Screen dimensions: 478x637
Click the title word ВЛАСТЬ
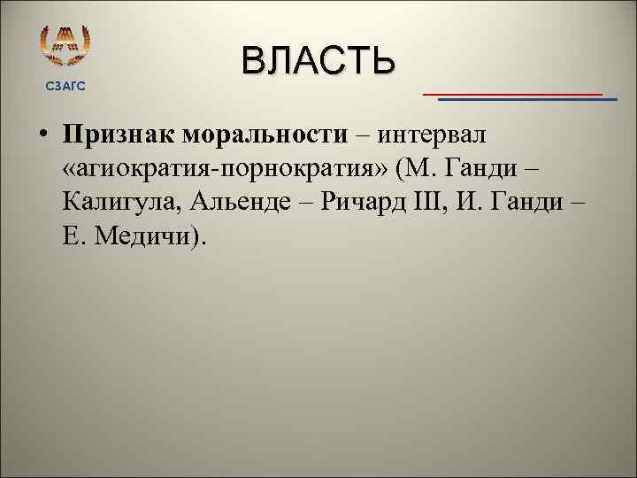coord(318,61)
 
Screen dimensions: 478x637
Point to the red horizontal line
coord(512,92)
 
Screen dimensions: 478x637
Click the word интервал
coord(436,135)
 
